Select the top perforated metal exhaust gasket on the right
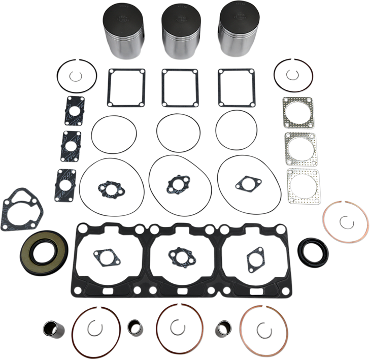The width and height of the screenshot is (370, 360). coord(299,112)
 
